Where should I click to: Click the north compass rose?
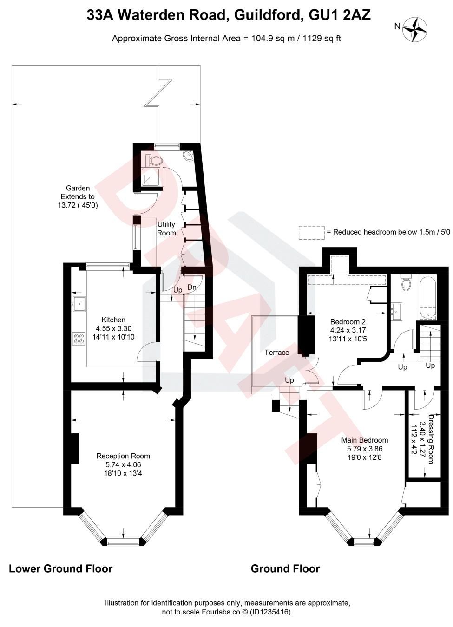tap(415, 29)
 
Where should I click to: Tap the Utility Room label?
tap(166, 229)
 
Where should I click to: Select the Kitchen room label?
tap(113, 320)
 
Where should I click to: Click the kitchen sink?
tap(78, 303)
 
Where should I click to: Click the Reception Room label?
tap(123, 456)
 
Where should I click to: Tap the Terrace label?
tap(277, 353)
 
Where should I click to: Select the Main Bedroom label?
tap(364, 440)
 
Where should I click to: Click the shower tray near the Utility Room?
tap(150, 178)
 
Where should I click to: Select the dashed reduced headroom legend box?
tap(311, 232)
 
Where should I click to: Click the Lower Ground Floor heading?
tap(61, 568)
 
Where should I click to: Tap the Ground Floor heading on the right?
tap(285, 568)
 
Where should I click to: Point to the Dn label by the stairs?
tap(192, 287)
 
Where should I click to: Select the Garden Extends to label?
tap(78, 196)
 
